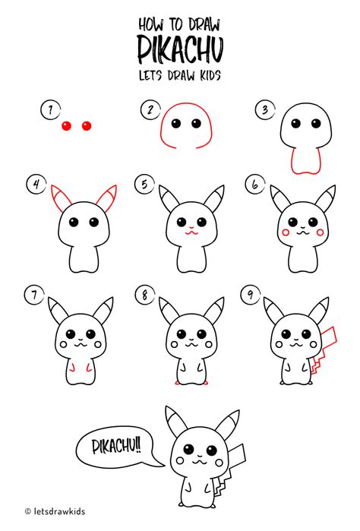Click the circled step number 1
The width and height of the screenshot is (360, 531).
pos(50,111)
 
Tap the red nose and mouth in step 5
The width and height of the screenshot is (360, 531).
pos(189,228)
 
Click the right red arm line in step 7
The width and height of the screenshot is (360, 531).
pos(92,368)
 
